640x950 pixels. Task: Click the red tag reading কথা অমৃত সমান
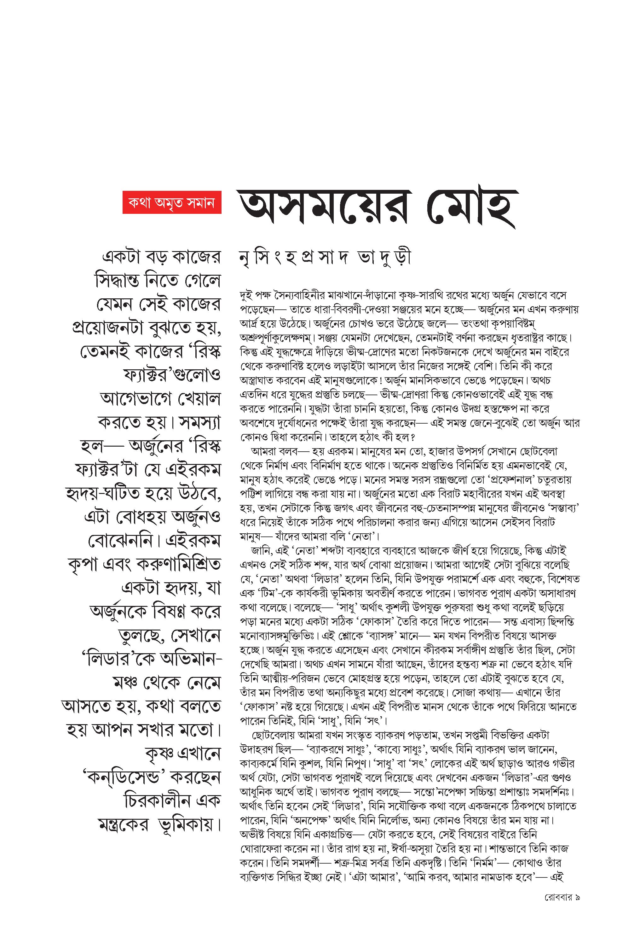point(172,202)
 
